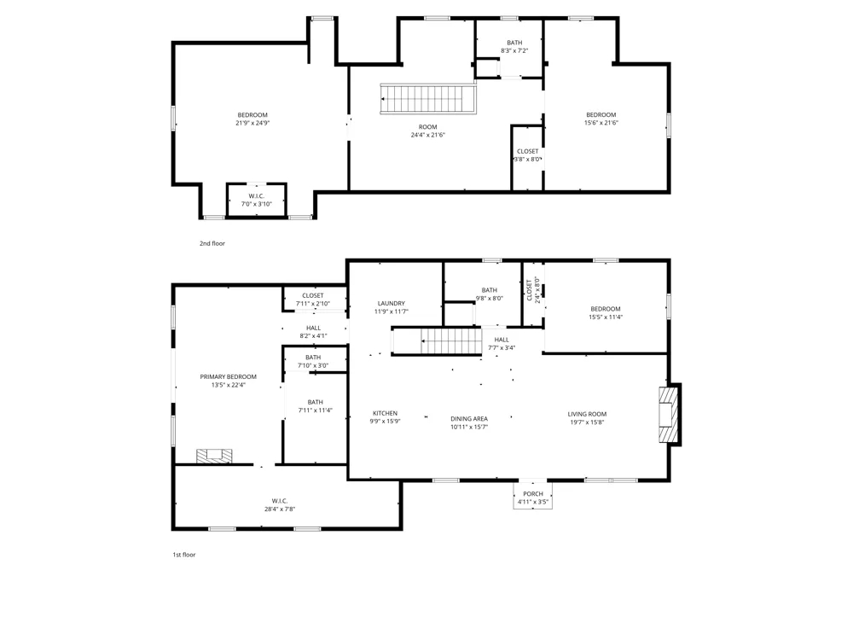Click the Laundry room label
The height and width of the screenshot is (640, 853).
point(392,303)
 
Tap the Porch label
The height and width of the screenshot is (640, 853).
point(533,493)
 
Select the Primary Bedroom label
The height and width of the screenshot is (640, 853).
point(228,376)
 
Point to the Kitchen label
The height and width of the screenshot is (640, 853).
point(386,413)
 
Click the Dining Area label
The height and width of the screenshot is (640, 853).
point(469,418)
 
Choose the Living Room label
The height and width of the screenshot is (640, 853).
point(587,414)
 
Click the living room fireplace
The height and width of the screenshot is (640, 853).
point(669,414)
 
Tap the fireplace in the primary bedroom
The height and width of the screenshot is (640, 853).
point(214,456)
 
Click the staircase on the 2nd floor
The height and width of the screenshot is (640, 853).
point(428,98)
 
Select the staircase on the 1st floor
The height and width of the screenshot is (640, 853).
point(438,341)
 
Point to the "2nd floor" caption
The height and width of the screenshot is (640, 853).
point(212,243)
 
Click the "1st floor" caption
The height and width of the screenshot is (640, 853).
point(184,555)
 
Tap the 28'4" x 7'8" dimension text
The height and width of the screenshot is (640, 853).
point(280,509)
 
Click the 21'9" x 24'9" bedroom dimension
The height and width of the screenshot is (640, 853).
point(252,123)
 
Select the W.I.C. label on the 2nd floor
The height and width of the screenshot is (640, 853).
point(256,196)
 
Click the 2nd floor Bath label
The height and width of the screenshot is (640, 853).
point(514,43)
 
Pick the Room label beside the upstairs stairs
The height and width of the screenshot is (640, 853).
point(427,127)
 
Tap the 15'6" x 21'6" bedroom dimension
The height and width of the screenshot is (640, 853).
point(601,123)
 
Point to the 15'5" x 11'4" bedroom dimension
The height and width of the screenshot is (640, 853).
point(606,317)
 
